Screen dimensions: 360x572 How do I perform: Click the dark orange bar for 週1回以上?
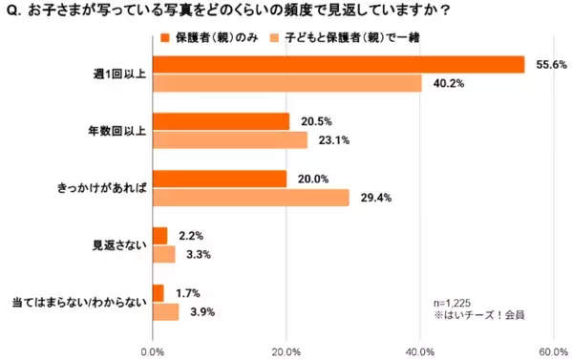338,64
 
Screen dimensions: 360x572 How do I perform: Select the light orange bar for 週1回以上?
286,83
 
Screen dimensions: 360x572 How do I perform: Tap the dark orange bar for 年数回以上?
221,121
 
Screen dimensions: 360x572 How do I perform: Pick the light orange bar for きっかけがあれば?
251,198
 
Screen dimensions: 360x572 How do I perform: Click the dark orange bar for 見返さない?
159,235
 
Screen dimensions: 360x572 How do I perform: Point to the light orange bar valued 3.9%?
165,311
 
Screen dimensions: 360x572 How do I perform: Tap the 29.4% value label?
371,198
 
